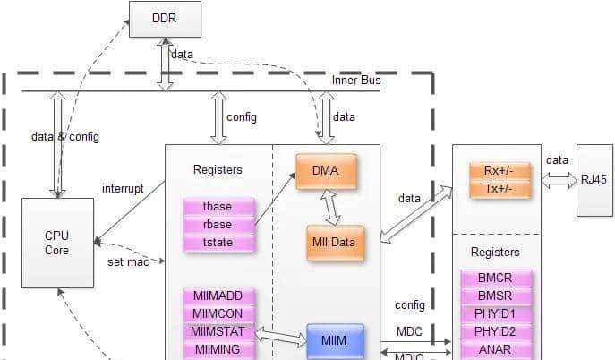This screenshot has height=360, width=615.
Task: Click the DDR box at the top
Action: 165,19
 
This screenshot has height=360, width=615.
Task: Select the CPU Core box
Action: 57,243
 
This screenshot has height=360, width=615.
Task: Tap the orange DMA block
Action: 326,171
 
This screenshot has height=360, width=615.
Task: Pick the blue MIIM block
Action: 336,341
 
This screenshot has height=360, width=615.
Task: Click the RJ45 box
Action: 594,179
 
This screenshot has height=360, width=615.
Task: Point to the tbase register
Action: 218,207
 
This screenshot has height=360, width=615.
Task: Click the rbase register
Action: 218,224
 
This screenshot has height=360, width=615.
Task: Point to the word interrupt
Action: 124,188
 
